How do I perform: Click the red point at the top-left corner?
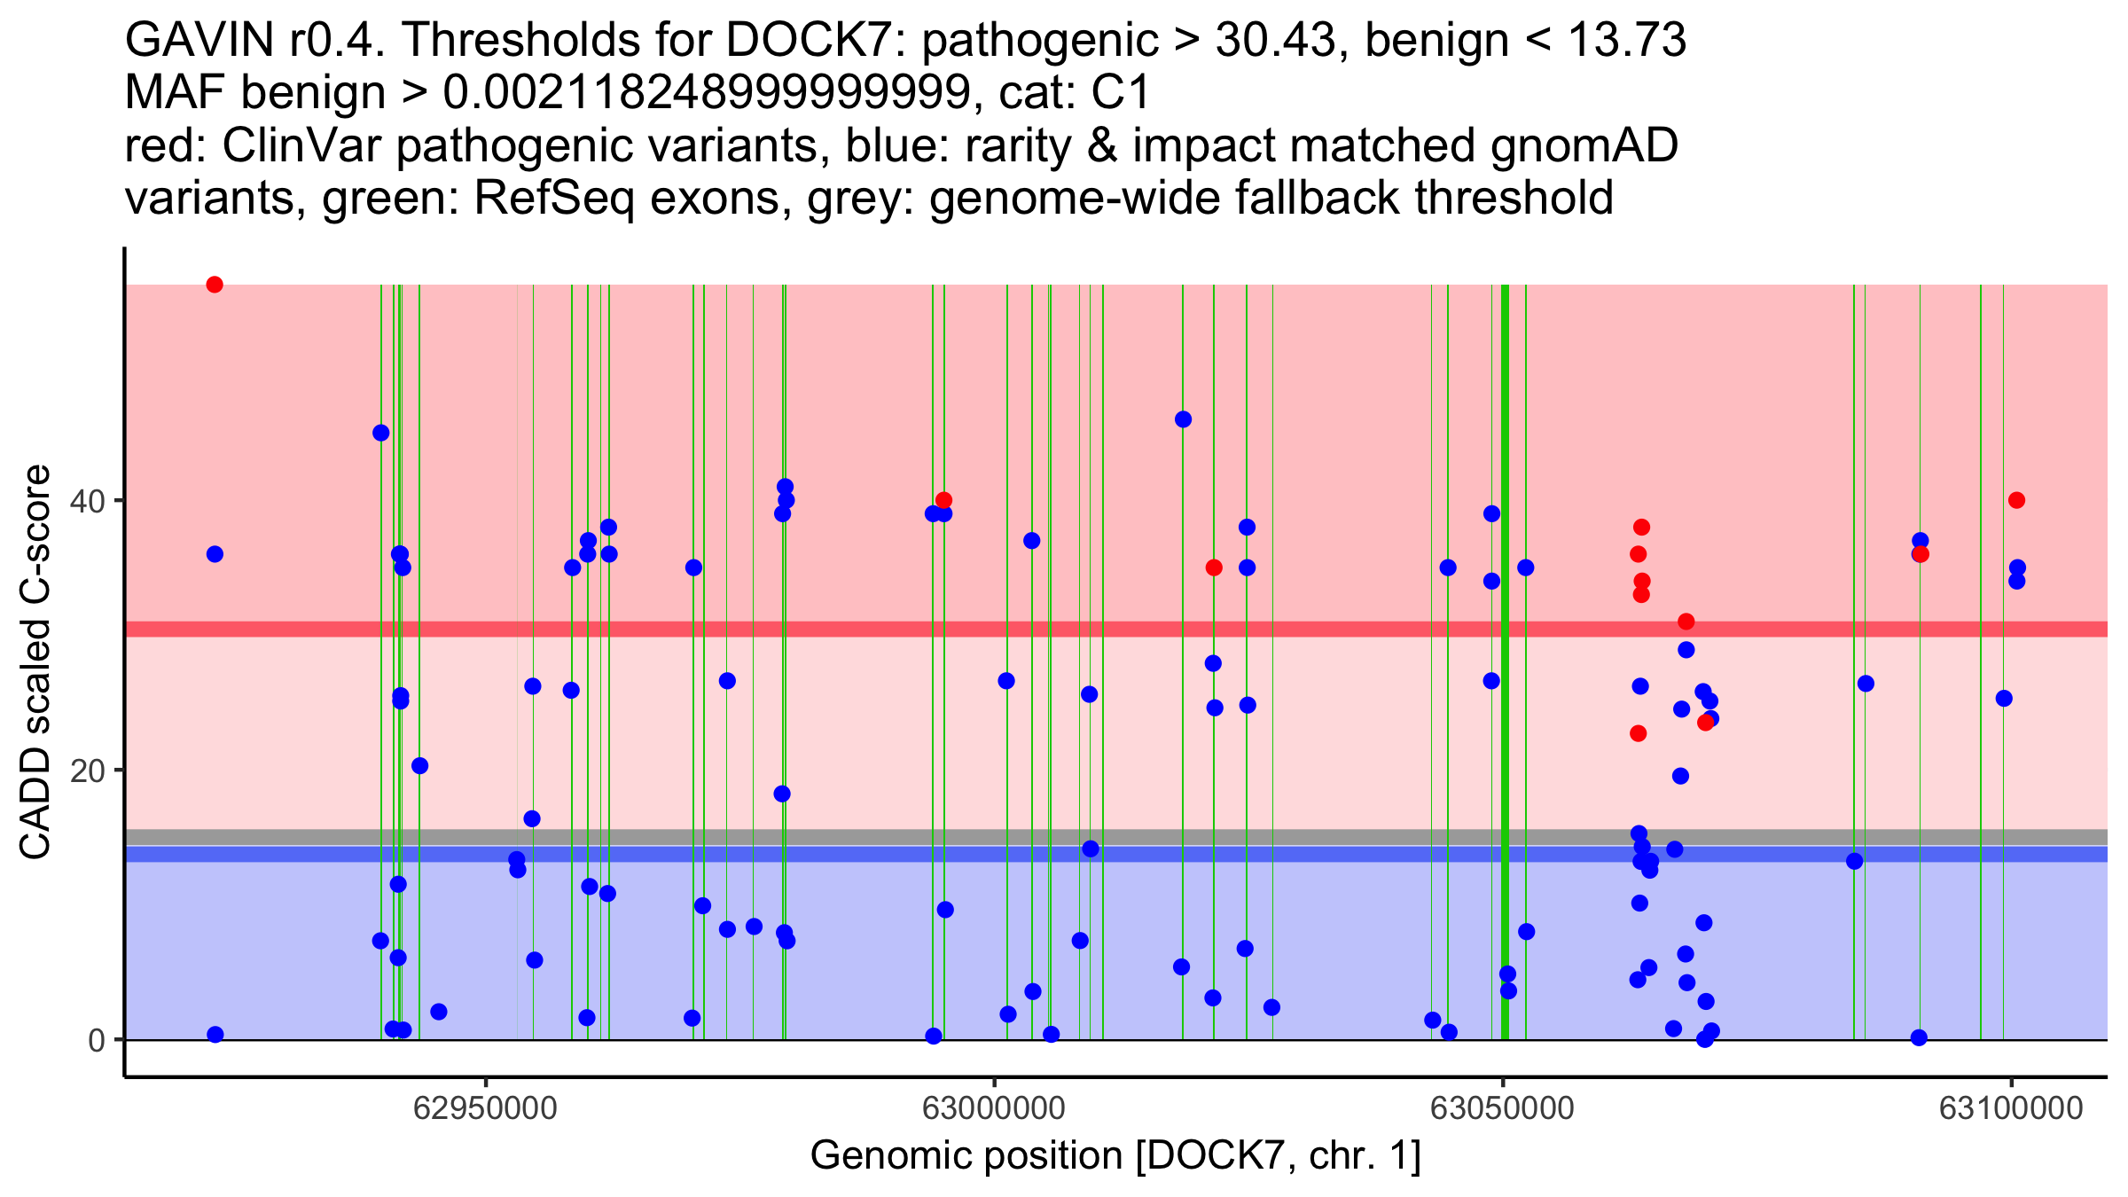[x=215, y=285]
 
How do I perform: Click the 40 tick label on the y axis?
[x=88, y=501]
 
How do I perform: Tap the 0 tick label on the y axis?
[x=97, y=1040]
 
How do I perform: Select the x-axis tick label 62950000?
[x=486, y=1108]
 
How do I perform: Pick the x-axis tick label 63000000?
[x=994, y=1108]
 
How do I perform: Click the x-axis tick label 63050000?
[x=1503, y=1108]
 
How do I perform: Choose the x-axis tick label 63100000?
[x=2011, y=1108]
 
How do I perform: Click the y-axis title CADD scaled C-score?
[x=35, y=662]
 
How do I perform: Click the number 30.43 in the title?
[x=1274, y=41]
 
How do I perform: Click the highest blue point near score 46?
[x=1183, y=419]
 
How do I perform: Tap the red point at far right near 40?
[x=2016, y=500]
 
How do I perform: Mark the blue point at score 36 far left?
[x=215, y=554]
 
